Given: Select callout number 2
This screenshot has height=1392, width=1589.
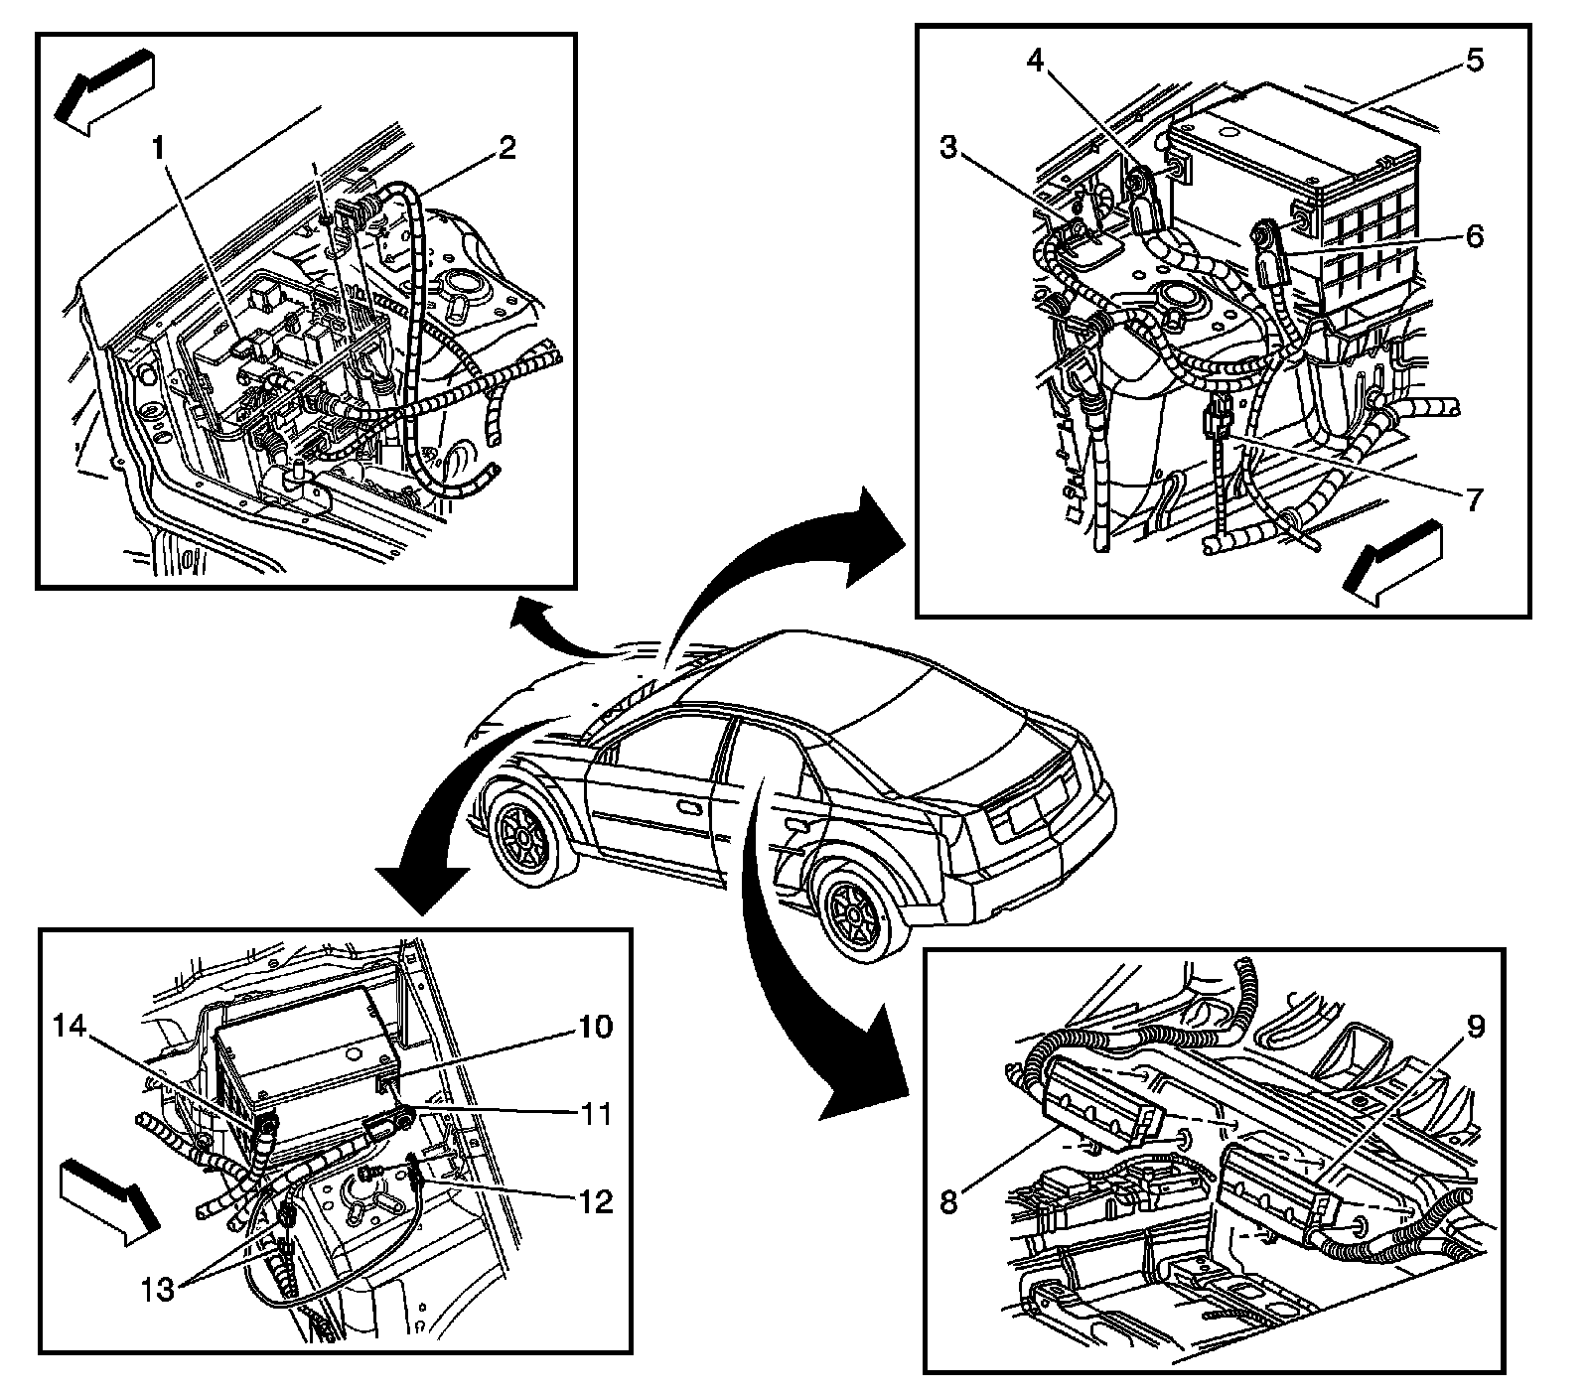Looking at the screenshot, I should coord(506,150).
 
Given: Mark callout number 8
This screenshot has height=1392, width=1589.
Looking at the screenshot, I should coord(948,1202).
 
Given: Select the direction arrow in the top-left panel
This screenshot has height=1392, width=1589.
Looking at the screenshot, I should coord(105,88).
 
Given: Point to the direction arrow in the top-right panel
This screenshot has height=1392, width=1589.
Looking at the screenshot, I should coord(1390,562).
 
